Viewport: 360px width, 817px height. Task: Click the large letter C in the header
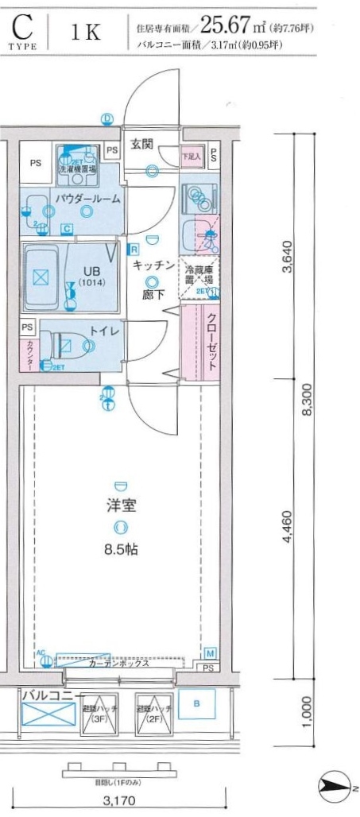pos(22,28)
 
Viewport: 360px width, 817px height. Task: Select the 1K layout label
pos(85,33)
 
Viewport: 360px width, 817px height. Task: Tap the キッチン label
pos(153,265)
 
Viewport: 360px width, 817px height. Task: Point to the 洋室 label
pos(120,505)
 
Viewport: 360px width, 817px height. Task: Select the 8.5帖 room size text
pos(120,547)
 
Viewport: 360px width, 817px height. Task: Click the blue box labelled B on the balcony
pos(196,704)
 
